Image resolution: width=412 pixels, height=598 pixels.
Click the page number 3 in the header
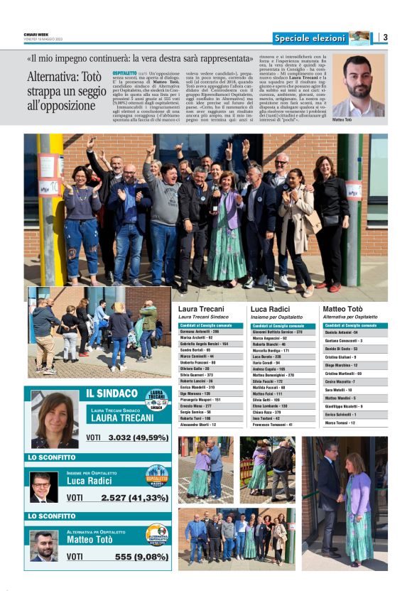pyautogui.click(x=384, y=37)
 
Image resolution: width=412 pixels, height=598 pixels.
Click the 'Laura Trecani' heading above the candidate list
pyautogui.click(x=201, y=309)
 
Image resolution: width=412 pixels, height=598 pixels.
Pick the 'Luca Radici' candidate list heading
pyautogui.click(x=271, y=309)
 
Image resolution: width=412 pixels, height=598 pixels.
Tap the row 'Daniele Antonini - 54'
pyautogui.click(x=342, y=332)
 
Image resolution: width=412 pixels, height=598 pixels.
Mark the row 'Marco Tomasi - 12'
pyautogui.click(x=340, y=423)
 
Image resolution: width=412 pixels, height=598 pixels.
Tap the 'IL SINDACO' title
pyautogui.click(x=112, y=393)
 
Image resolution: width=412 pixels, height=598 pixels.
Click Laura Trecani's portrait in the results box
pyautogui.click(x=54, y=419)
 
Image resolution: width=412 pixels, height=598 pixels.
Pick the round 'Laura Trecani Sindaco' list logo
pyautogui.click(x=157, y=399)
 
